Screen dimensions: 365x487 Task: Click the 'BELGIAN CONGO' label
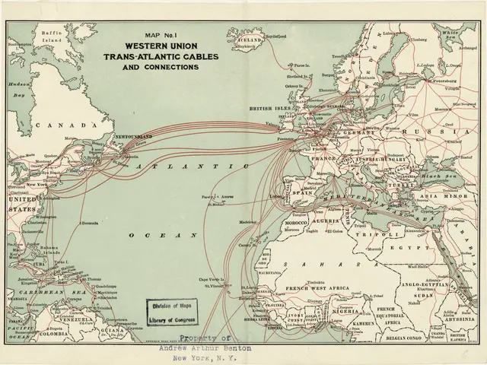[403, 332]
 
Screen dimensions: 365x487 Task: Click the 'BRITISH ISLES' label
[268, 109]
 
